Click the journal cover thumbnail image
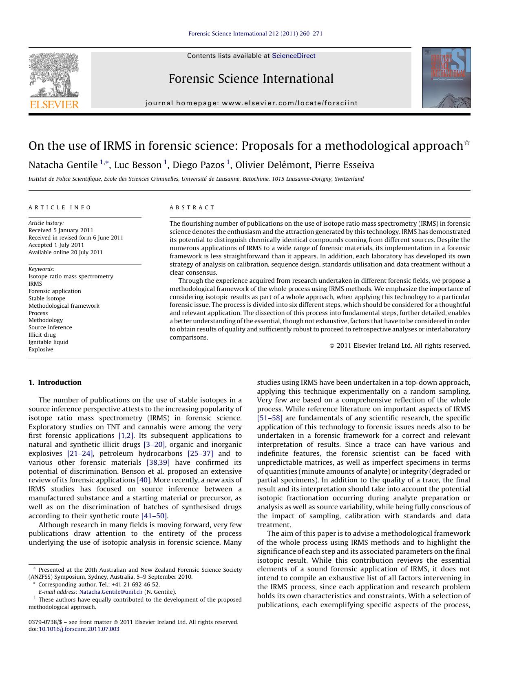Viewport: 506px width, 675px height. pos(446,78)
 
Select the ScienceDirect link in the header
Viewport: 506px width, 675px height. pos(294,56)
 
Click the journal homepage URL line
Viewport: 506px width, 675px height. pos(251,103)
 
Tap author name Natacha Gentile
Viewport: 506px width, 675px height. pos(63,165)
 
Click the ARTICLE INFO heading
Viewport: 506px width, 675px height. pos(60,207)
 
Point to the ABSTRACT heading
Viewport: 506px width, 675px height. pos(192,207)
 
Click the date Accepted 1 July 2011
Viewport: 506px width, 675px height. pos(56,245)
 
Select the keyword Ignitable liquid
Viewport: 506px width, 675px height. pos(48,342)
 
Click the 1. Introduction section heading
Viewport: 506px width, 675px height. pos(55,382)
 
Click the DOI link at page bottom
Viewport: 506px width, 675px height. pos(79,629)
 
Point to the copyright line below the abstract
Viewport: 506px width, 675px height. pos(400,346)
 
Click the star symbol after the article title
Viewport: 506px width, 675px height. pos(467,142)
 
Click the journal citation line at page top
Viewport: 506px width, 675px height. pos(255,33)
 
